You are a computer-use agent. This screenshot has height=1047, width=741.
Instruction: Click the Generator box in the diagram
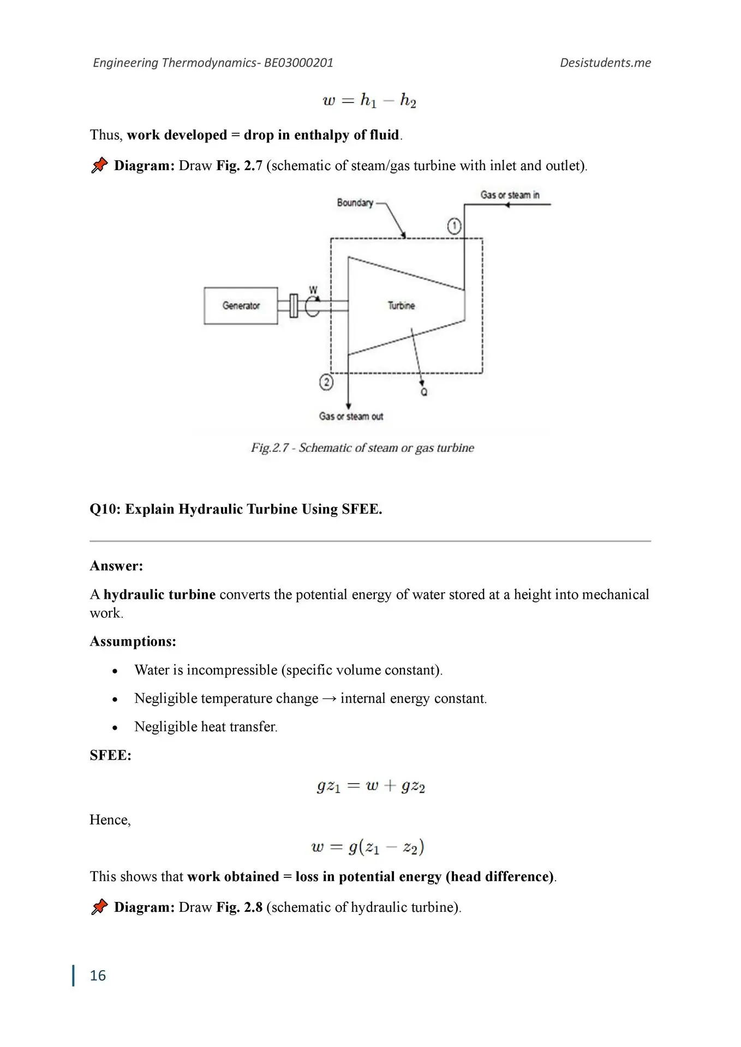pyautogui.click(x=241, y=306)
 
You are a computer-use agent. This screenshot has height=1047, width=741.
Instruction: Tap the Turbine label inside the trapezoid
pyautogui.click(x=402, y=306)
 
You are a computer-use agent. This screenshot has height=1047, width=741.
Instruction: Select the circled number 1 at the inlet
pyautogui.click(x=454, y=226)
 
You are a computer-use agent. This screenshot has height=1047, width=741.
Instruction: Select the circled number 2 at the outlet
pyautogui.click(x=326, y=382)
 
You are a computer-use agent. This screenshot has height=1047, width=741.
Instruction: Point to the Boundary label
pyautogui.click(x=355, y=203)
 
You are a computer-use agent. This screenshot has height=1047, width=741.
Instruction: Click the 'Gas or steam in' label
pyautogui.click(x=510, y=195)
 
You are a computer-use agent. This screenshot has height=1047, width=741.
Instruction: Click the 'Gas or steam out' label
pyautogui.click(x=351, y=417)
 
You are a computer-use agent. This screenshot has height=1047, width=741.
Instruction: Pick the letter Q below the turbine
pyautogui.click(x=424, y=392)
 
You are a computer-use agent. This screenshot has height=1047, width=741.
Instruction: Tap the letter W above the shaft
pyautogui.click(x=313, y=290)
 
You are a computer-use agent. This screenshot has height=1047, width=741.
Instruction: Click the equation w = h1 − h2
pyautogui.click(x=369, y=100)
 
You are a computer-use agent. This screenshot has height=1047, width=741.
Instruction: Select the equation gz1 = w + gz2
pyautogui.click(x=370, y=786)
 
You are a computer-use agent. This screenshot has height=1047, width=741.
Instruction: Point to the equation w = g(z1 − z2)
pyautogui.click(x=368, y=847)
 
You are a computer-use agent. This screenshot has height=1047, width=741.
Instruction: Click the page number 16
pyautogui.click(x=98, y=976)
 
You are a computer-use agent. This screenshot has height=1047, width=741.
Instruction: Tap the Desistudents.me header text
pyautogui.click(x=605, y=63)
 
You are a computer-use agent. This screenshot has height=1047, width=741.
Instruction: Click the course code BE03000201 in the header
pyautogui.click(x=298, y=63)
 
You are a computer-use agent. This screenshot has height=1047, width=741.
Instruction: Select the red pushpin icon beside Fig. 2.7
pyautogui.click(x=99, y=165)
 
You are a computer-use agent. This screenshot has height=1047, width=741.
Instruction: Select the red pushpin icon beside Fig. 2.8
pyautogui.click(x=99, y=907)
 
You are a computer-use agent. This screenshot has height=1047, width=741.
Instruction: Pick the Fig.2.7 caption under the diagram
pyautogui.click(x=362, y=448)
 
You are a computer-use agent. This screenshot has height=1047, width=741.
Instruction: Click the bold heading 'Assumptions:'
pyautogui.click(x=133, y=641)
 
